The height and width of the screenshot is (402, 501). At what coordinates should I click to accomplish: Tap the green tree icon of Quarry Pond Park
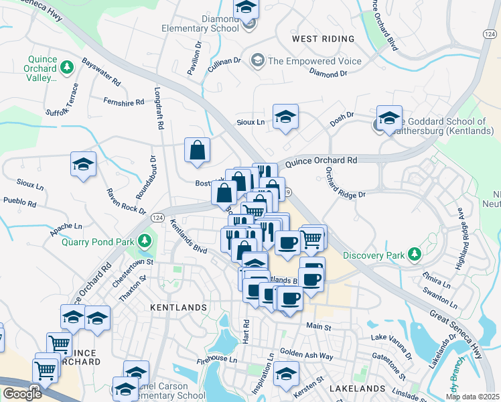[x=145, y=241]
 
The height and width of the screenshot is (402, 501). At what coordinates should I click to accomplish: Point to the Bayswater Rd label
[x=101, y=73]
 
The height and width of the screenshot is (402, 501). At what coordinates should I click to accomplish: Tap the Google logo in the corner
[x=21, y=394]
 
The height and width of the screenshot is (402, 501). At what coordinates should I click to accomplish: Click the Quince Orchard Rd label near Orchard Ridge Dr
[x=321, y=161]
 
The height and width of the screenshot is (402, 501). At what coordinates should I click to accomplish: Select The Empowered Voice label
[x=314, y=61]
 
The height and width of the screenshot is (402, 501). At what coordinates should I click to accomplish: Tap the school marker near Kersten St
[x=286, y=375]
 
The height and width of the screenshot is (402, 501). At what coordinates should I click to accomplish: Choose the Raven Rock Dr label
[x=125, y=202]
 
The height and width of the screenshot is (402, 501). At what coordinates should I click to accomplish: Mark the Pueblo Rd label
[x=19, y=200]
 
